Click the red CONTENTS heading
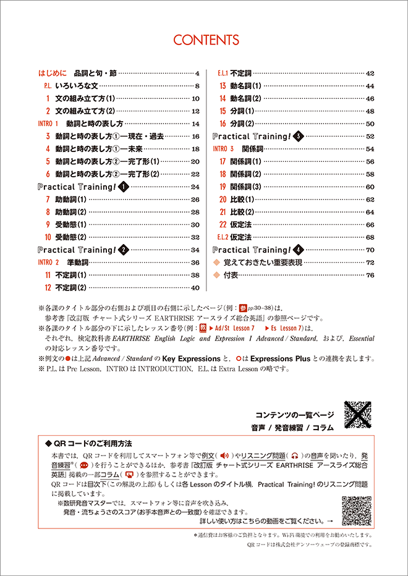point(206,40)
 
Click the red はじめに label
point(52,73)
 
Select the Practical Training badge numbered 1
point(123,187)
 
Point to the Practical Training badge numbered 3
point(299,136)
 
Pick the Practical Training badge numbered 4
point(299,250)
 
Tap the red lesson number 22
point(223,224)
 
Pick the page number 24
point(195,187)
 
